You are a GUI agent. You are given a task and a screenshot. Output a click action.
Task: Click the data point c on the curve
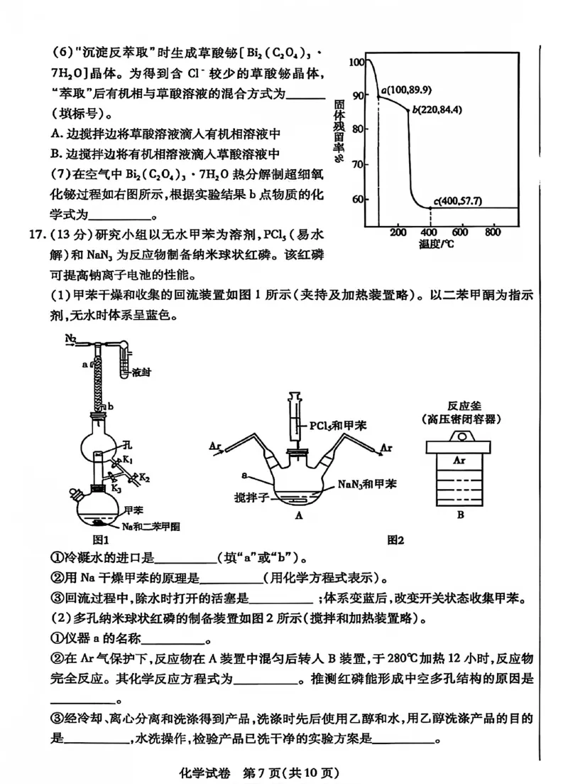point(430,208)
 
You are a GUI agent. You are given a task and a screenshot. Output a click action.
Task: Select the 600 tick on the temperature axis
point(461,232)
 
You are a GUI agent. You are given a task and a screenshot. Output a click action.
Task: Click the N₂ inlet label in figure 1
point(72,338)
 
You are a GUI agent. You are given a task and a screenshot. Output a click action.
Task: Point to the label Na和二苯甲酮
point(149,526)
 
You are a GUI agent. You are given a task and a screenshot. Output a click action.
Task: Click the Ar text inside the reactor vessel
point(459,460)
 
